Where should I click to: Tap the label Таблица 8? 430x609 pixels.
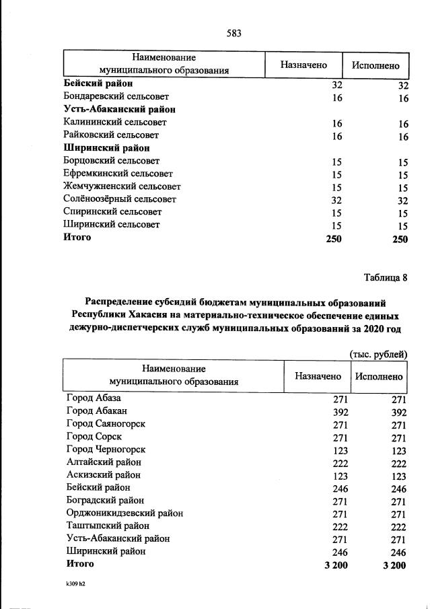click(x=386, y=277)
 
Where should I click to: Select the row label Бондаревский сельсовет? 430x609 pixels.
click(x=116, y=98)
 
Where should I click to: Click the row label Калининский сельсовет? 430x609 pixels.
click(x=114, y=122)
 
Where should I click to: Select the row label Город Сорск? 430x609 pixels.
click(x=94, y=437)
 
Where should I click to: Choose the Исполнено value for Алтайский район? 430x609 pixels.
click(x=398, y=463)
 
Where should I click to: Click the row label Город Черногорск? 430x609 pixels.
click(x=106, y=450)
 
